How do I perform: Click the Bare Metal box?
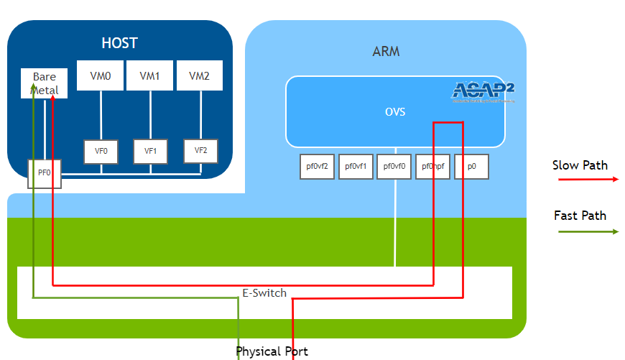(44, 83)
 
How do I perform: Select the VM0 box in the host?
(101, 75)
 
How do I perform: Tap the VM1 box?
(149, 75)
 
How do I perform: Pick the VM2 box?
(199, 75)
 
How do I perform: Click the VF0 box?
(101, 152)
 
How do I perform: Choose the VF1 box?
(150, 152)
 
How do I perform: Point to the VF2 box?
(200, 150)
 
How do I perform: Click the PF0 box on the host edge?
(45, 173)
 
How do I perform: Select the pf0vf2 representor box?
(317, 167)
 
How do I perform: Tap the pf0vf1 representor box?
(356, 167)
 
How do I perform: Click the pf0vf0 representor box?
(394, 167)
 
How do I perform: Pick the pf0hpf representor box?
(432, 167)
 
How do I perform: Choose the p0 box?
(471, 167)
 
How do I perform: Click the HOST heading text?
(119, 43)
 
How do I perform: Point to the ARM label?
(386, 52)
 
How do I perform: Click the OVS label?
(395, 112)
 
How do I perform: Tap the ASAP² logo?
(483, 92)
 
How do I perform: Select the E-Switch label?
(264, 293)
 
